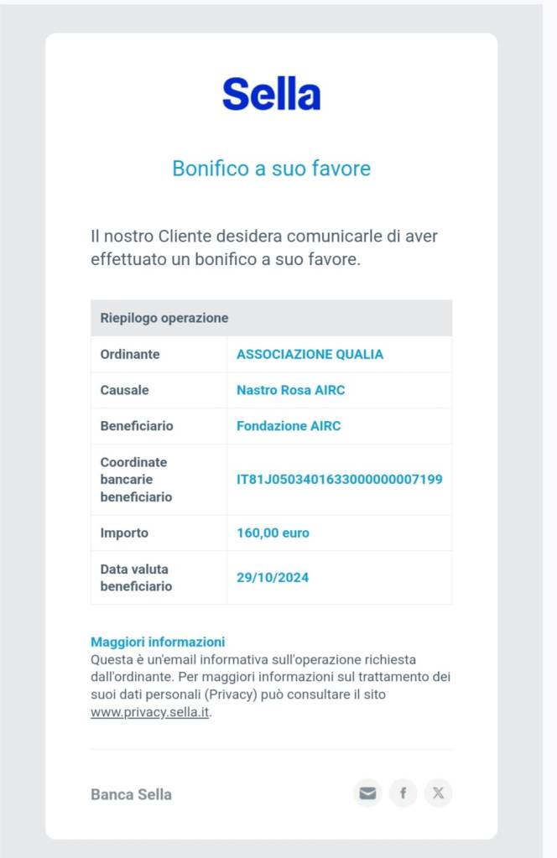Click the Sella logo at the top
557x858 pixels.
tap(271, 94)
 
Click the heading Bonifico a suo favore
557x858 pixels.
tap(271, 169)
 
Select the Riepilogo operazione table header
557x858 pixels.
tap(164, 318)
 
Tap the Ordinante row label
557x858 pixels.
tap(130, 354)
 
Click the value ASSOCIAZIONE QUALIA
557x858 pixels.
tap(310, 354)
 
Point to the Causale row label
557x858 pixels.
tap(125, 390)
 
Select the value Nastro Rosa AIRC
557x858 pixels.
tap(290, 390)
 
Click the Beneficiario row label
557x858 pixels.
tap(137, 426)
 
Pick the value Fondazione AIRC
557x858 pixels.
tap(289, 426)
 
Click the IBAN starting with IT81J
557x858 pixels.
tap(339, 480)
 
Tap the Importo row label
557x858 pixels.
tap(124, 533)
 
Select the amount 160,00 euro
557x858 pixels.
tap(273, 533)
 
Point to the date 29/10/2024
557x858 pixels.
tap(273, 577)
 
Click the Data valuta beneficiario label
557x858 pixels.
tap(136, 577)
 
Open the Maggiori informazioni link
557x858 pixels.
tap(158, 642)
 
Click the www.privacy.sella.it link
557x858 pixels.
tap(150, 713)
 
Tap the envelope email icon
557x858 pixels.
tap(367, 793)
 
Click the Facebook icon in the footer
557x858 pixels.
tap(403, 793)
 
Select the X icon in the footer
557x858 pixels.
tap(438, 793)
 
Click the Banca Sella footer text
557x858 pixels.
tap(131, 794)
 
